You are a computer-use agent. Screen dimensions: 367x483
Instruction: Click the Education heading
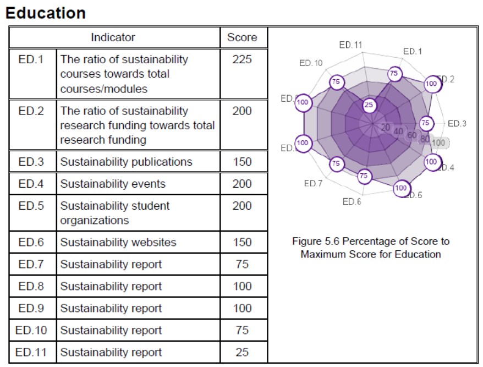46,13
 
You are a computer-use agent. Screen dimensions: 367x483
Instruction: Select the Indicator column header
113,37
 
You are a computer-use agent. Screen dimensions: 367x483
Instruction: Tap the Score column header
242,37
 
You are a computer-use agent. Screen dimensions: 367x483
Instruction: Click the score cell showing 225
242,59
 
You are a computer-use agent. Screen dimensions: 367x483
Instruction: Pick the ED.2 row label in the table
31,111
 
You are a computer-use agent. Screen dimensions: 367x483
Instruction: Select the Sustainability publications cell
126,162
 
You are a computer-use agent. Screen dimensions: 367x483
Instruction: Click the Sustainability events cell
112,184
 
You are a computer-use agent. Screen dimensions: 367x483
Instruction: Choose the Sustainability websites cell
118,242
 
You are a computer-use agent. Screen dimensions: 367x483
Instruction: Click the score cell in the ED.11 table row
242,352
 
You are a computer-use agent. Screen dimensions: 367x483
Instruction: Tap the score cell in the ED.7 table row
242,264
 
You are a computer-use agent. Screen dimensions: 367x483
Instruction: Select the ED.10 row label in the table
32,330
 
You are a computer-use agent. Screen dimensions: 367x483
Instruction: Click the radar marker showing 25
369,105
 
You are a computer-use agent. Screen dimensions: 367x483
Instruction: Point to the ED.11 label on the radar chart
350,45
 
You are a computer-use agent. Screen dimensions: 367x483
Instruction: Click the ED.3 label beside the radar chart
457,123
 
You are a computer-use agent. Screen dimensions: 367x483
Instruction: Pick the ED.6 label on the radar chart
352,202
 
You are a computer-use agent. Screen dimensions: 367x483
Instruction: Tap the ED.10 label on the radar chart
311,63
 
